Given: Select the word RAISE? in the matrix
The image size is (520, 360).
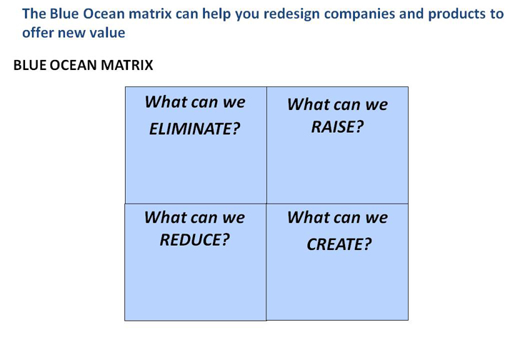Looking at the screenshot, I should [x=337, y=127].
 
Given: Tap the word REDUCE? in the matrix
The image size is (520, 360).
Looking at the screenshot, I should [x=194, y=239].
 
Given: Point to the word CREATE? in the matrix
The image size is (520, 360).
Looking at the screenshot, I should [x=339, y=244].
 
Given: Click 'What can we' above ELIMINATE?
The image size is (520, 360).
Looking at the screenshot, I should [x=194, y=102].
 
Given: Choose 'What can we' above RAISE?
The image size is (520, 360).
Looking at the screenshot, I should [x=337, y=105].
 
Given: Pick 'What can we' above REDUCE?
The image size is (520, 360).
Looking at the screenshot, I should [x=194, y=217].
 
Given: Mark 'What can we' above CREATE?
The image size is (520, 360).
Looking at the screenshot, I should [x=337, y=217].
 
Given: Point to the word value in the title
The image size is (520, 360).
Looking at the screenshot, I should [x=106, y=33].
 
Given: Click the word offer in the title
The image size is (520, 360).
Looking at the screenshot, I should [x=39, y=33].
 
